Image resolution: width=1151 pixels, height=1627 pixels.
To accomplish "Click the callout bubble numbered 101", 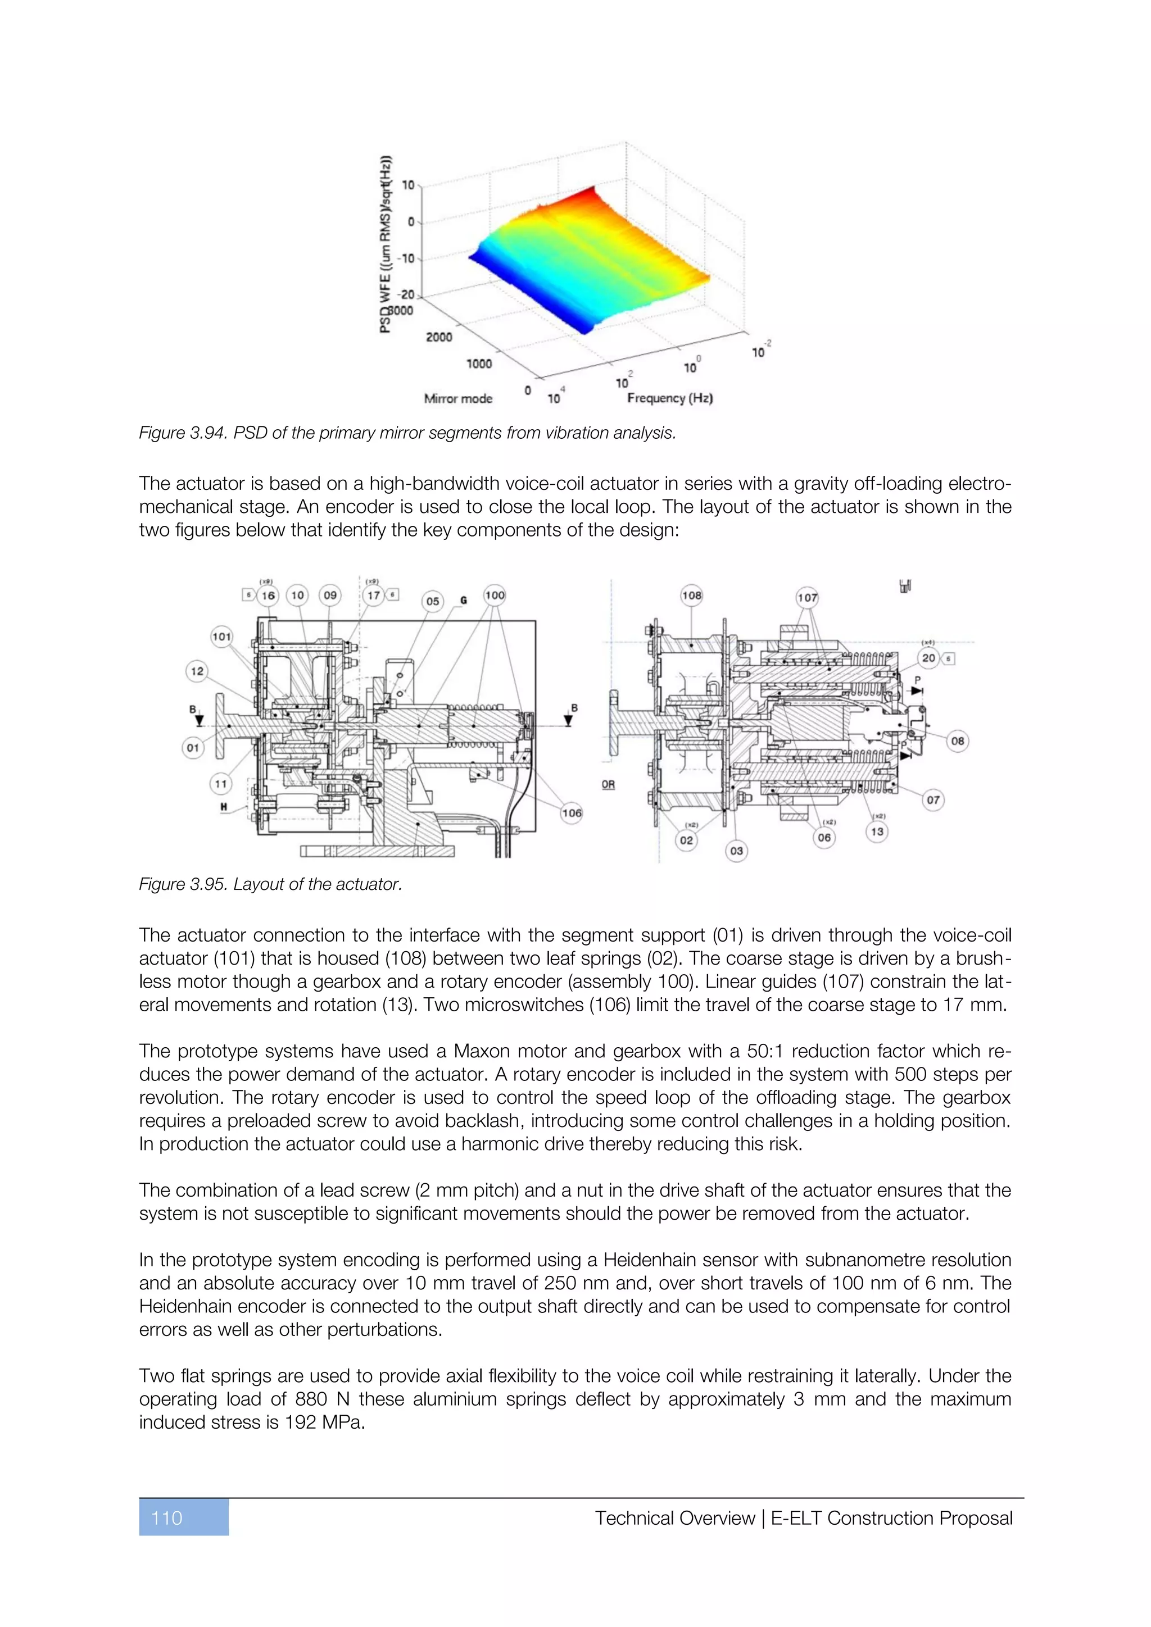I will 222,637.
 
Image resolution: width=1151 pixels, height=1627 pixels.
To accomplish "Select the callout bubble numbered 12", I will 197,671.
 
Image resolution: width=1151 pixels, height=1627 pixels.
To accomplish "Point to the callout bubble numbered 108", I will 691,596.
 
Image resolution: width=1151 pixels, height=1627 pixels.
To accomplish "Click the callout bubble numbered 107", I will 807,597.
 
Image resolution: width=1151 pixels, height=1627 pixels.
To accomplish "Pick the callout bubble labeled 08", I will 958,741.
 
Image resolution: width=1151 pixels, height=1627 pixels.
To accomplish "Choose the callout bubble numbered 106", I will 571,813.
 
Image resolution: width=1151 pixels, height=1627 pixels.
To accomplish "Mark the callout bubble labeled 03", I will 736,851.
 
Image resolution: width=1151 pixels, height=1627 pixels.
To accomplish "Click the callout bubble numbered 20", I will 928,658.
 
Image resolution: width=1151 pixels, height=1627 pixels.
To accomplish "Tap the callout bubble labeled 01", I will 193,748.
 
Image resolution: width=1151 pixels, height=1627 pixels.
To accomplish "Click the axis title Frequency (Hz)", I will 670,398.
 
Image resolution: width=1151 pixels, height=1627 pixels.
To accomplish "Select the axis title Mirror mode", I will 458,398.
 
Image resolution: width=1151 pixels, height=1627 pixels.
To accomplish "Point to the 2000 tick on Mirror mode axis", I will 439,337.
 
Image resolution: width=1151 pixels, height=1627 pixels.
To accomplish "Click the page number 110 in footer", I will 167,1518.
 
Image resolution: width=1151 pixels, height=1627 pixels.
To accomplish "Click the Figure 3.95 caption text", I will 270,884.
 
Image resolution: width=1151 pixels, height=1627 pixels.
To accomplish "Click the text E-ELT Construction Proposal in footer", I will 891,1518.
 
